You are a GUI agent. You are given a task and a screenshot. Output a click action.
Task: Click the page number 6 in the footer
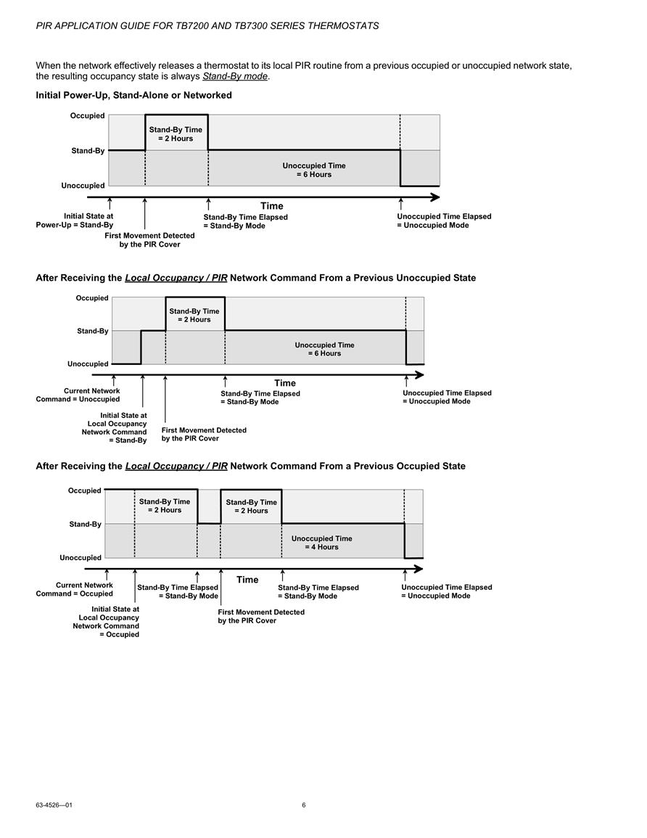304,805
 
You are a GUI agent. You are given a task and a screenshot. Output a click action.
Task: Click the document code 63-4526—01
54,805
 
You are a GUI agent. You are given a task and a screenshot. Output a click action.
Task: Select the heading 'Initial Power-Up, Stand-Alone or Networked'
133,95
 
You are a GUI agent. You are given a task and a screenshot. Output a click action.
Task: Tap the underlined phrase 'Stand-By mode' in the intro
235,76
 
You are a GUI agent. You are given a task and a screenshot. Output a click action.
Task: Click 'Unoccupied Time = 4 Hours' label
321,543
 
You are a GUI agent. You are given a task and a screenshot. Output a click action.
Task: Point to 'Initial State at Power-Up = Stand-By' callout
74,220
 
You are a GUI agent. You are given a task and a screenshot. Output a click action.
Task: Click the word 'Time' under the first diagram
272,206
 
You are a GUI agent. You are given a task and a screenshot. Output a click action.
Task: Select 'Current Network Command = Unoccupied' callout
78,395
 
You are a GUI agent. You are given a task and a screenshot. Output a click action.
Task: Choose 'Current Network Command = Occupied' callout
74,589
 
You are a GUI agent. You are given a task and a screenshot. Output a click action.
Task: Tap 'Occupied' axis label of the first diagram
87,115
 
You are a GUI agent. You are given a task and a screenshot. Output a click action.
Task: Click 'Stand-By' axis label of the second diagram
92,331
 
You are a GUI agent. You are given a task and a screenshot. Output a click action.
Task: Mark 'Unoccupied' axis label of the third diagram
80,557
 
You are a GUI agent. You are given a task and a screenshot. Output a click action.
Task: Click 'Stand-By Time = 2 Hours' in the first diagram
176,133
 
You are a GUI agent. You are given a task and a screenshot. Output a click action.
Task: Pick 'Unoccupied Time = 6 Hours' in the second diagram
324,349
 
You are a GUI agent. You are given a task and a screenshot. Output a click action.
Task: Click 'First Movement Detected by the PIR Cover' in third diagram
261,616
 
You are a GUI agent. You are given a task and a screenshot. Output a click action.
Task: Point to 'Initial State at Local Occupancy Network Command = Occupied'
106,622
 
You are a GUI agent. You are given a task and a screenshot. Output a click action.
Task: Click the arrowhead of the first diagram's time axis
435,197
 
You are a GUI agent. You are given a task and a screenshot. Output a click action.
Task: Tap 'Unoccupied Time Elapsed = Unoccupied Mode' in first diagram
444,221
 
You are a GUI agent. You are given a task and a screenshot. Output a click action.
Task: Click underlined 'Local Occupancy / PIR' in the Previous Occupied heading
176,466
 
